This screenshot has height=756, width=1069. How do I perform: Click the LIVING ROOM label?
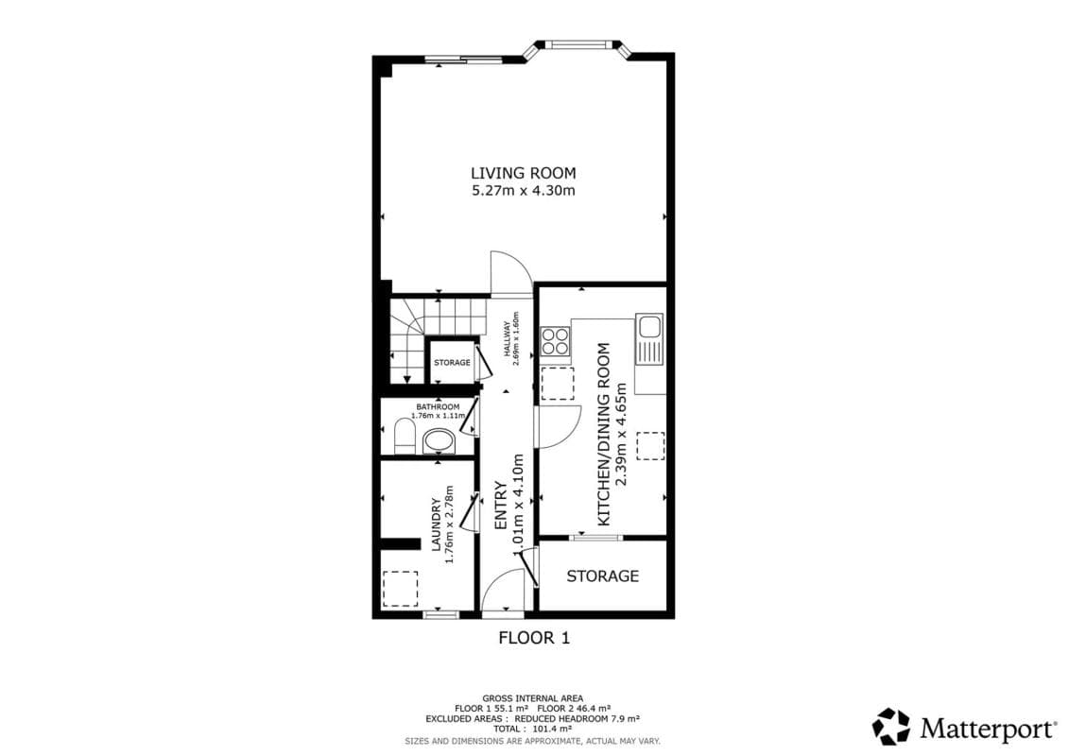(x=523, y=173)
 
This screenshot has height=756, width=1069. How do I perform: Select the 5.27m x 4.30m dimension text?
(x=523, y=191)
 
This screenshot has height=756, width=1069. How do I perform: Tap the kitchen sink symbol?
(x=649, y=339)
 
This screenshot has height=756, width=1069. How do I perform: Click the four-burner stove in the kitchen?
(x=555, y=341)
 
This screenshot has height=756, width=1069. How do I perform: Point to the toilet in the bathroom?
(x=405, y=436)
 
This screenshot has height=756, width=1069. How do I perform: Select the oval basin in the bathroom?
(x=440, y=441)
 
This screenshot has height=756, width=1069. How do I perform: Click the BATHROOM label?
(x=438, y=407)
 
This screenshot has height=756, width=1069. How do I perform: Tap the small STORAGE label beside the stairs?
(x=452, y=363)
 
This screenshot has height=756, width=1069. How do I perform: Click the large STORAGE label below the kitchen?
(x=603, y=576)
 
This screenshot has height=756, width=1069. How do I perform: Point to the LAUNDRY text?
(x=437, y=524)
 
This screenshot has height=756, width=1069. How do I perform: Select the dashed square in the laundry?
(x=400, y=589)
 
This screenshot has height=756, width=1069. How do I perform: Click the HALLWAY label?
(x=508, y=339)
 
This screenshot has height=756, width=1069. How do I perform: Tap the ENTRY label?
(x=501, y=506)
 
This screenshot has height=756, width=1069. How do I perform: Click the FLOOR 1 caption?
(x=534, y=638)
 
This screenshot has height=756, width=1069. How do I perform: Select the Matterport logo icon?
(x=891, y=727)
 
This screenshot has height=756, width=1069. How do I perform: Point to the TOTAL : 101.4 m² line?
(x=532, y=729)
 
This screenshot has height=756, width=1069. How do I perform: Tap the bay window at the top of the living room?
(x=579, y=46)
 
